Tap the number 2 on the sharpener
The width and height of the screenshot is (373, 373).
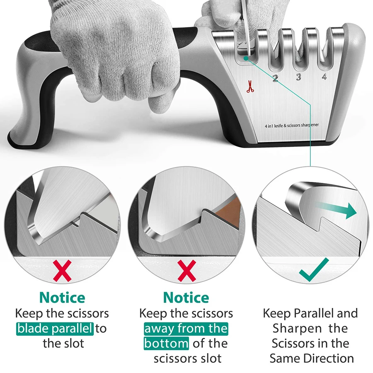coord(275,78)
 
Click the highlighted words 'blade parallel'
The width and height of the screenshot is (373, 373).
coord(55,329)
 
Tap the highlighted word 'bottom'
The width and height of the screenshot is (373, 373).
coord(166,344)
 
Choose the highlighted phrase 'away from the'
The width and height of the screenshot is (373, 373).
coord(186,329)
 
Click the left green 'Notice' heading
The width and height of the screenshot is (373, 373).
coord(62,298)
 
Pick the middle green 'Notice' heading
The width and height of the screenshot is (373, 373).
coord(186,298)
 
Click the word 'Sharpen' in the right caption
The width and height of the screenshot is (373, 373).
coord(297,329)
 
